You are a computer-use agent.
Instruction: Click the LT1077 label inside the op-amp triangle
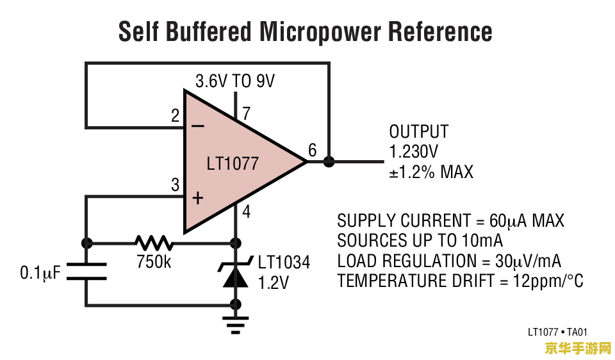click(233, 163)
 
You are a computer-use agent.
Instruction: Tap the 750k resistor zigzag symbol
click(154, 243)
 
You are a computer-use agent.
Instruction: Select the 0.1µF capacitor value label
click(40, 274)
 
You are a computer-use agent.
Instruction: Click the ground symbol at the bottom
click(236, 325)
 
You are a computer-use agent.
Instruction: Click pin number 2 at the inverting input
click(175, 117)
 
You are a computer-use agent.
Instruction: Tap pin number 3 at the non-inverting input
click(175, 186)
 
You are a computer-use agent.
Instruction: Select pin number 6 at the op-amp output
click(312, 151)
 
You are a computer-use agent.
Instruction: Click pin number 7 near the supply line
click(246, 114)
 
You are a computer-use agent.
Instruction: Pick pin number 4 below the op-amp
click(247, 211)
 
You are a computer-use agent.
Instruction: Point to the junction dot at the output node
click(329, 161)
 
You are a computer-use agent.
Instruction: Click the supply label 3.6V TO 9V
click(234, 81)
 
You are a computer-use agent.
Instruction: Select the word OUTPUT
click(419, 132)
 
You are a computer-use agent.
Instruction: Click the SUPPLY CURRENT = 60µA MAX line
click(450, 221)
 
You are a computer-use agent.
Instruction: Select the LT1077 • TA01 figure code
click(557, 332)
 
